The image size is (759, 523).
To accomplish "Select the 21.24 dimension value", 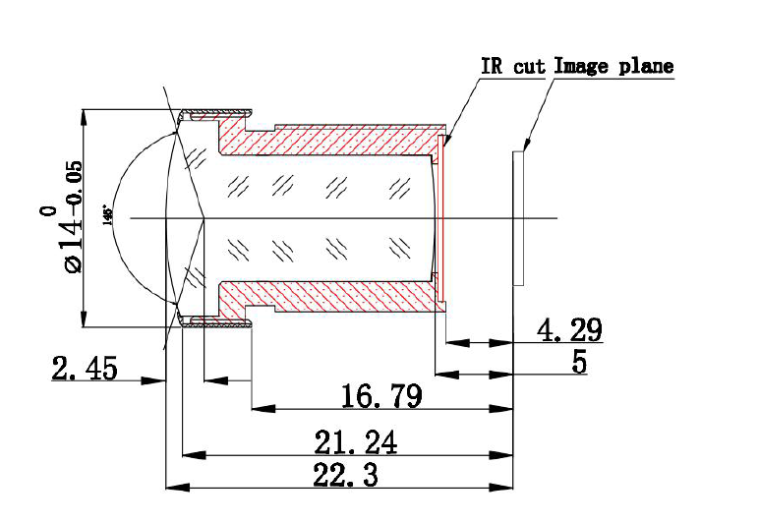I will point(355,443).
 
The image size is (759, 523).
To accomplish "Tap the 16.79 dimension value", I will point(381,396).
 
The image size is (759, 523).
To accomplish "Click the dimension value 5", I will point(579,362).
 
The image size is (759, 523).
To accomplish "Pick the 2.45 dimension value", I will point(85,369).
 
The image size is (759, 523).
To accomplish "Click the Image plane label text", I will point(613,67).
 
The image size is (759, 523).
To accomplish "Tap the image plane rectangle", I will point(519,217).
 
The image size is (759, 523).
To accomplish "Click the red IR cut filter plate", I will point(442,217).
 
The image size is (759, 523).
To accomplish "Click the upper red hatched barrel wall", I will point(344,140).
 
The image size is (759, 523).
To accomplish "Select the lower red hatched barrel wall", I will point(344,297).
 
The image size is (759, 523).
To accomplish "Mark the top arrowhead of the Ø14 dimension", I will point(84,115).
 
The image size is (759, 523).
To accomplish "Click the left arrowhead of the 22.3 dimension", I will point(173,487).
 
